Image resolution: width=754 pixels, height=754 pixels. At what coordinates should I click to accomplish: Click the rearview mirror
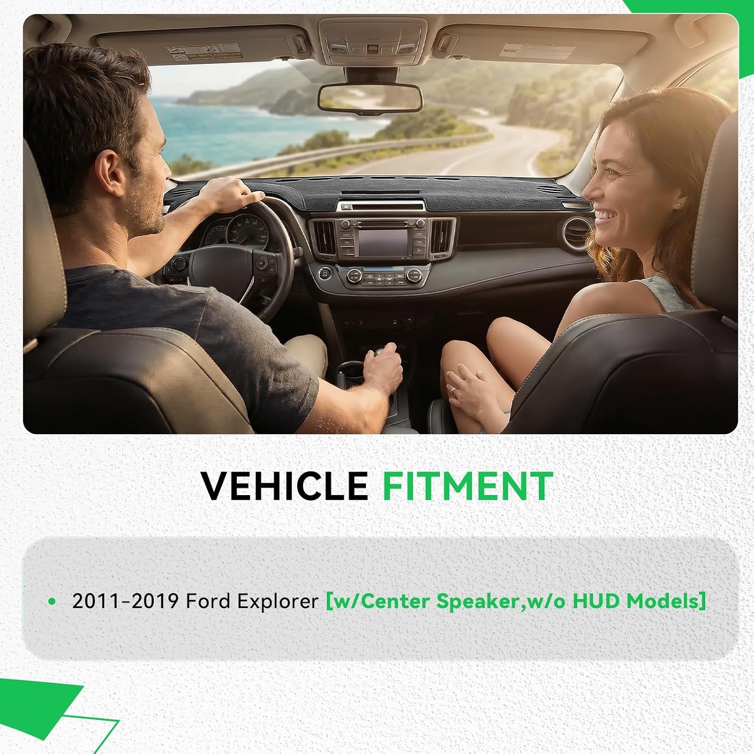(x=370, y=98)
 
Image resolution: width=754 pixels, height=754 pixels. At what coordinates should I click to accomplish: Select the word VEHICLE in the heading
(x=285, y=486)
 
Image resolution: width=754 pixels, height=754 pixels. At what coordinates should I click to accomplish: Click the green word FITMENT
(x=467, y=486)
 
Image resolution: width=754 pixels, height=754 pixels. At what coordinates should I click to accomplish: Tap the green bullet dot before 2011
(x=52, y=601)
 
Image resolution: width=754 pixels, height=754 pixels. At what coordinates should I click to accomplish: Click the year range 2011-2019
(x=126, y=601)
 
